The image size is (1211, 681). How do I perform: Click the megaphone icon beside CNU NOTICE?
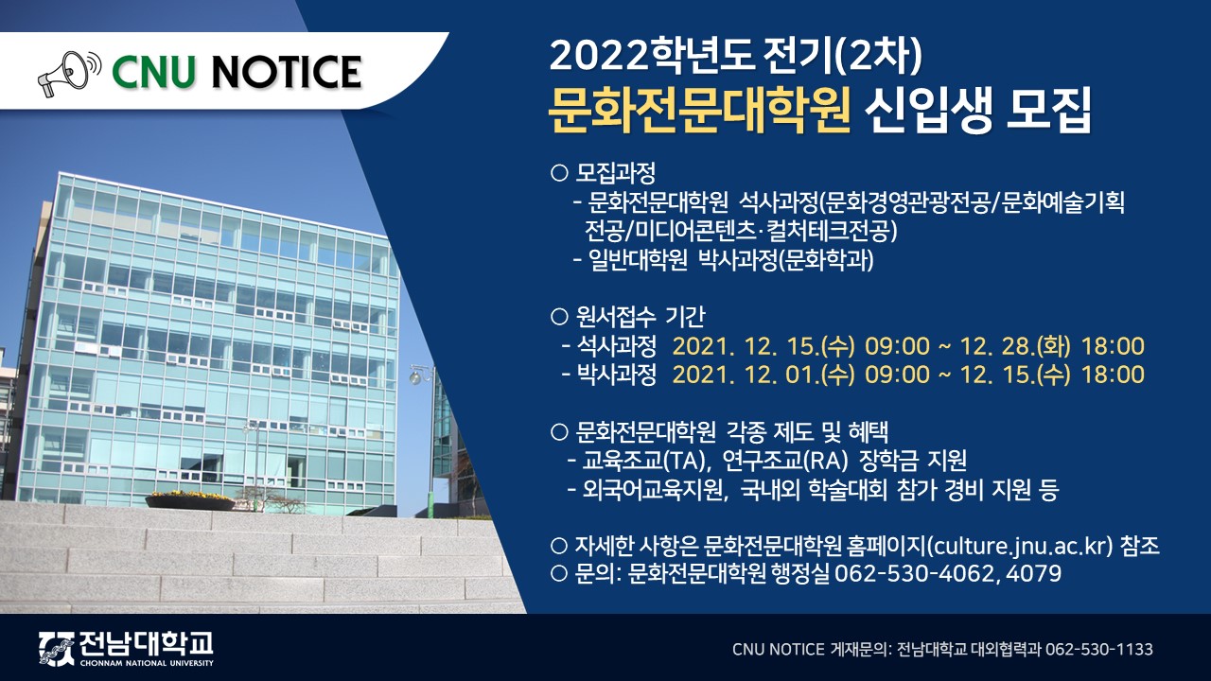pos(70,73)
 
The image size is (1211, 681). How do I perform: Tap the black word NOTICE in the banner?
pos(287,73)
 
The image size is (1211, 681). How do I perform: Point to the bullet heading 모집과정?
pos(615,173)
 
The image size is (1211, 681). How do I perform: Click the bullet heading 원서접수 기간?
pos(640,316)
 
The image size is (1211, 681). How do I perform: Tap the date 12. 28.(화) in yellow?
pos(1015,346)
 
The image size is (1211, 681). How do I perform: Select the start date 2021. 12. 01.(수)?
pos(763,374)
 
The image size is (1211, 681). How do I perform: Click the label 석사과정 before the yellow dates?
pos(617,346)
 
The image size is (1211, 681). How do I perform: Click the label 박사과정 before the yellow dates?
pos(617,374)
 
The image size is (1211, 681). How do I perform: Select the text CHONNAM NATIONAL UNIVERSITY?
pos(147,663)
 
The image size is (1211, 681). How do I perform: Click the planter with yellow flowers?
pos(190,501)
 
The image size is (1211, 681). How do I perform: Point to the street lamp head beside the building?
pos(415,375)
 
